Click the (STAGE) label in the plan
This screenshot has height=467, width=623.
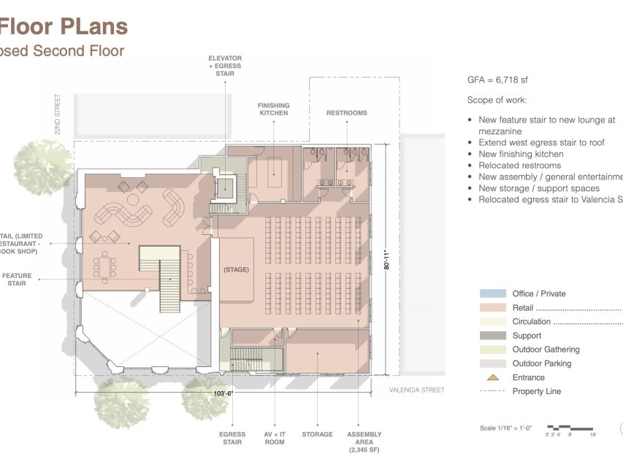[x=236, y=270]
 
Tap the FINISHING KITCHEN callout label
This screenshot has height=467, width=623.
[x=273, y=109]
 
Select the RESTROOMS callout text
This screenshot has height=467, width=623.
[x=346, y=113]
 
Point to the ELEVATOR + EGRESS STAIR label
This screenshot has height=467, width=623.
[x=225, y=66]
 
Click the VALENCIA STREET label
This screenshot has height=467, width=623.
[x=416, y=390]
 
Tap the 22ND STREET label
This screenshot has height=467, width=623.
[x=57, y=113]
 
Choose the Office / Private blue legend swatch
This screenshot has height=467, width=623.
[x=493, y=293]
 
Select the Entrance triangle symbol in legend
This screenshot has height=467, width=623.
[x=493, y=377]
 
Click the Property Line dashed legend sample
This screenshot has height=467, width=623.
[x=493, y=392]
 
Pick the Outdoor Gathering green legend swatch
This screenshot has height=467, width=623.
[x=493, y=350]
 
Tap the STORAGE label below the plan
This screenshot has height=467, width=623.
[x=318, y=434]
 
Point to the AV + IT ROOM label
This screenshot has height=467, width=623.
[x=275, y=438]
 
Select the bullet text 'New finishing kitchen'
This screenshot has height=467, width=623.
[x=521, y=154]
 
